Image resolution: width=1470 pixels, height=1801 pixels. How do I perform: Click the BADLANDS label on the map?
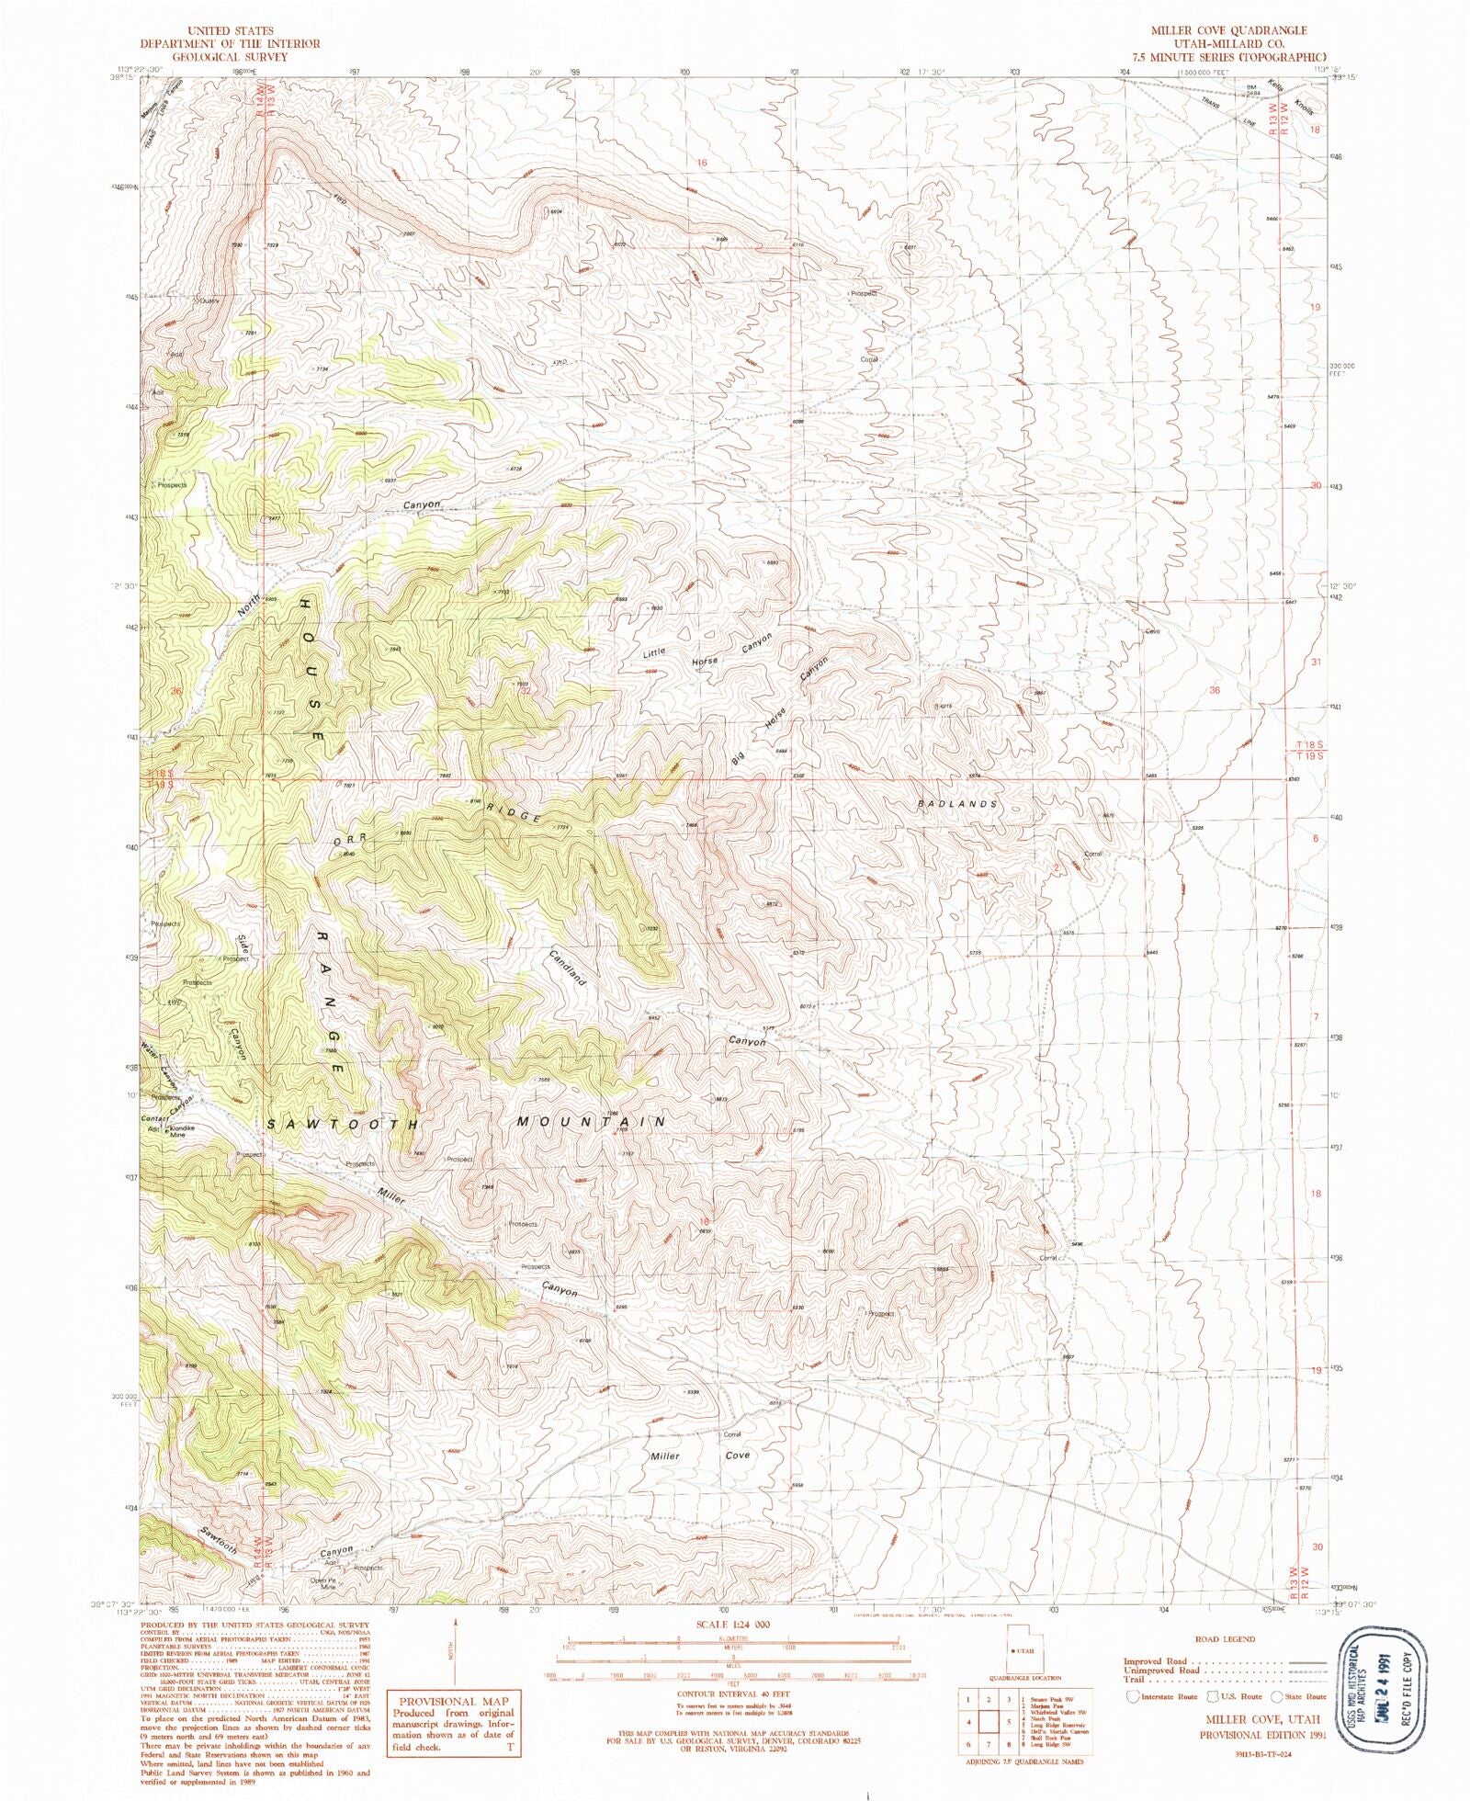956,804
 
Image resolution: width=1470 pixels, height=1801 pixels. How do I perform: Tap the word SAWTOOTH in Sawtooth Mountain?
343,1124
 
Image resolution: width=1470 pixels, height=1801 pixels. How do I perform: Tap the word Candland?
568,966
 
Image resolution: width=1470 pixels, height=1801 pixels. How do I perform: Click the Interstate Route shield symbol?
1133,1696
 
